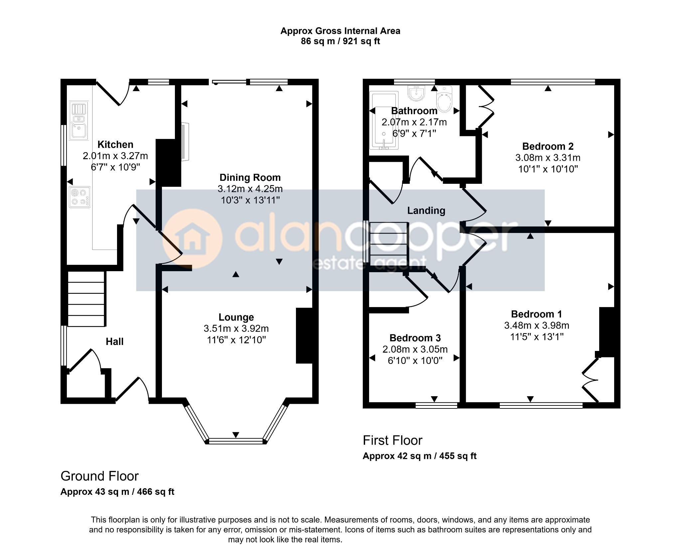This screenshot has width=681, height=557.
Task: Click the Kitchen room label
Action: [115, 145]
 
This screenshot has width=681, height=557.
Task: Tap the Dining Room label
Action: [250, 177]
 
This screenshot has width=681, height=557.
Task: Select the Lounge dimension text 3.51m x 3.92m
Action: [236, 329]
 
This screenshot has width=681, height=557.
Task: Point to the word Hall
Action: [114, 342]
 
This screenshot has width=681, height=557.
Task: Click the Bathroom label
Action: [414, 111]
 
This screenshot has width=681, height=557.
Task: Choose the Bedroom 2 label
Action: [548, 146]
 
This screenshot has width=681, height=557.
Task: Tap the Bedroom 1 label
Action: [537, 314]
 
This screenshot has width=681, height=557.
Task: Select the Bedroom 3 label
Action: [415, 338]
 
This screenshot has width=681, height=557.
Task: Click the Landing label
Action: [426, 211]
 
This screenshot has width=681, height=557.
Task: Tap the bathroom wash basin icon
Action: [416, 93]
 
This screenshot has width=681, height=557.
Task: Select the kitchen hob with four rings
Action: [79, 197]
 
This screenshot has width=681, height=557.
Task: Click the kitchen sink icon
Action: [79, 121]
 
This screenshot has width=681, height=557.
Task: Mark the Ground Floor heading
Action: [99, 476]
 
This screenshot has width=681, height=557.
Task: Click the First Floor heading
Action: [392, 440]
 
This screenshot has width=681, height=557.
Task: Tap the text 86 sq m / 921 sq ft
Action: [340, 41]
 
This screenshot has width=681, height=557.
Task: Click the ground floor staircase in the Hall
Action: [87, 299]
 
